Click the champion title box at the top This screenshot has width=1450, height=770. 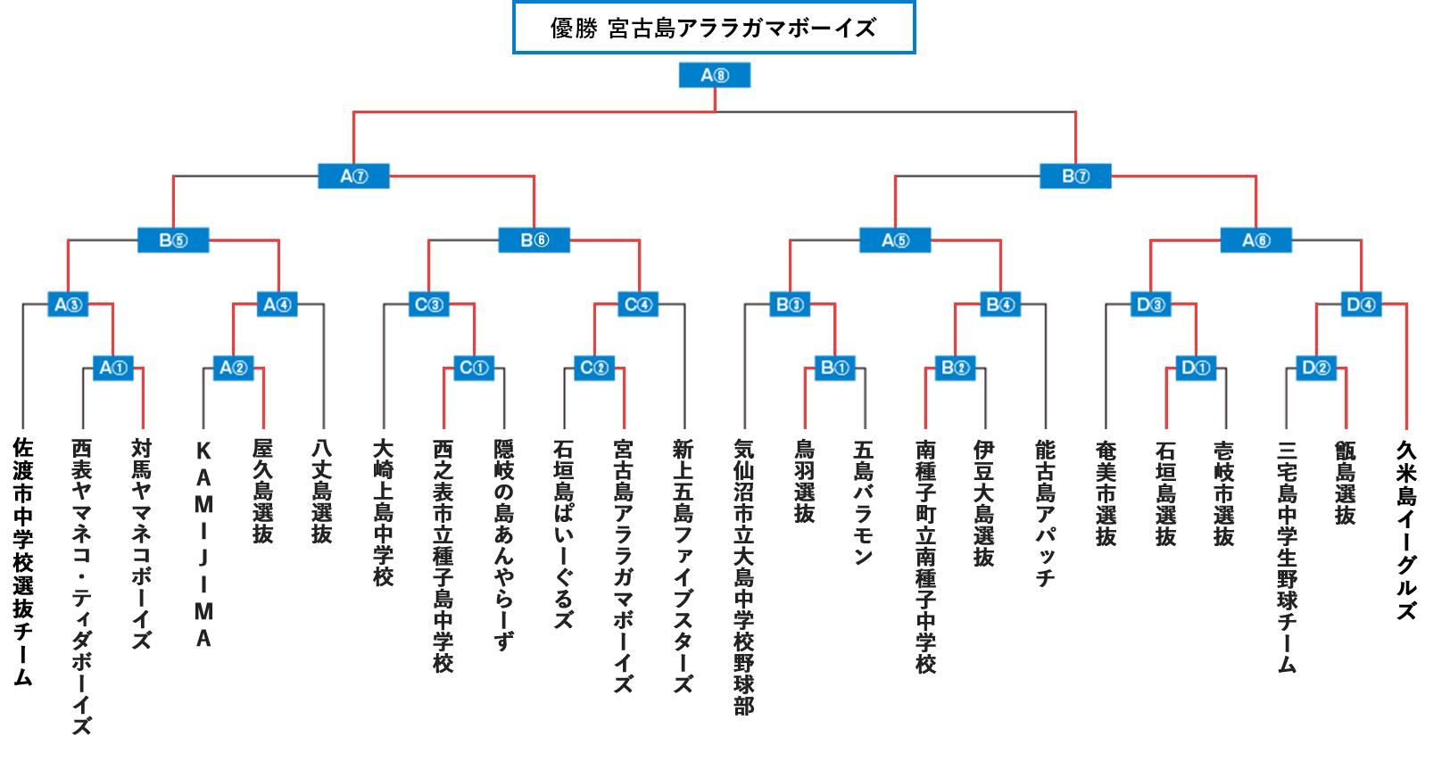point(714,28)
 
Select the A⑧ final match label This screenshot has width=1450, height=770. point(715,76)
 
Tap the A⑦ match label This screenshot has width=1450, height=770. point(353,177)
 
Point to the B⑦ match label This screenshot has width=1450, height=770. point(1075,177)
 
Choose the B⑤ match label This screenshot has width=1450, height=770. point(173,241)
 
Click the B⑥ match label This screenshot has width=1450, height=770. point(534,241)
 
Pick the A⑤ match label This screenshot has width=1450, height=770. point(895,241)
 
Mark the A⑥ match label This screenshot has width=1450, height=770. point(1255,241)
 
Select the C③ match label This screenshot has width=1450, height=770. point(428,305)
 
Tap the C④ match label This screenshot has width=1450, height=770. point(638,305)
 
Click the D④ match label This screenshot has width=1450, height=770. point(1361,305)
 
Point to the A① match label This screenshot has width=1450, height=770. point(113,368)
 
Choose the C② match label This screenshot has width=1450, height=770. point(593,368)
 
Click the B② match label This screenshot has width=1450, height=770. point(955,368)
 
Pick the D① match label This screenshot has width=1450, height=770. point(1196,368)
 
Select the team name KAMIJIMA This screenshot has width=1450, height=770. point(203,544)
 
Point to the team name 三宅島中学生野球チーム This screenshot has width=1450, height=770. point(1286,557)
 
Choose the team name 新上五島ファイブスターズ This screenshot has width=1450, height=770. point(683,566)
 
